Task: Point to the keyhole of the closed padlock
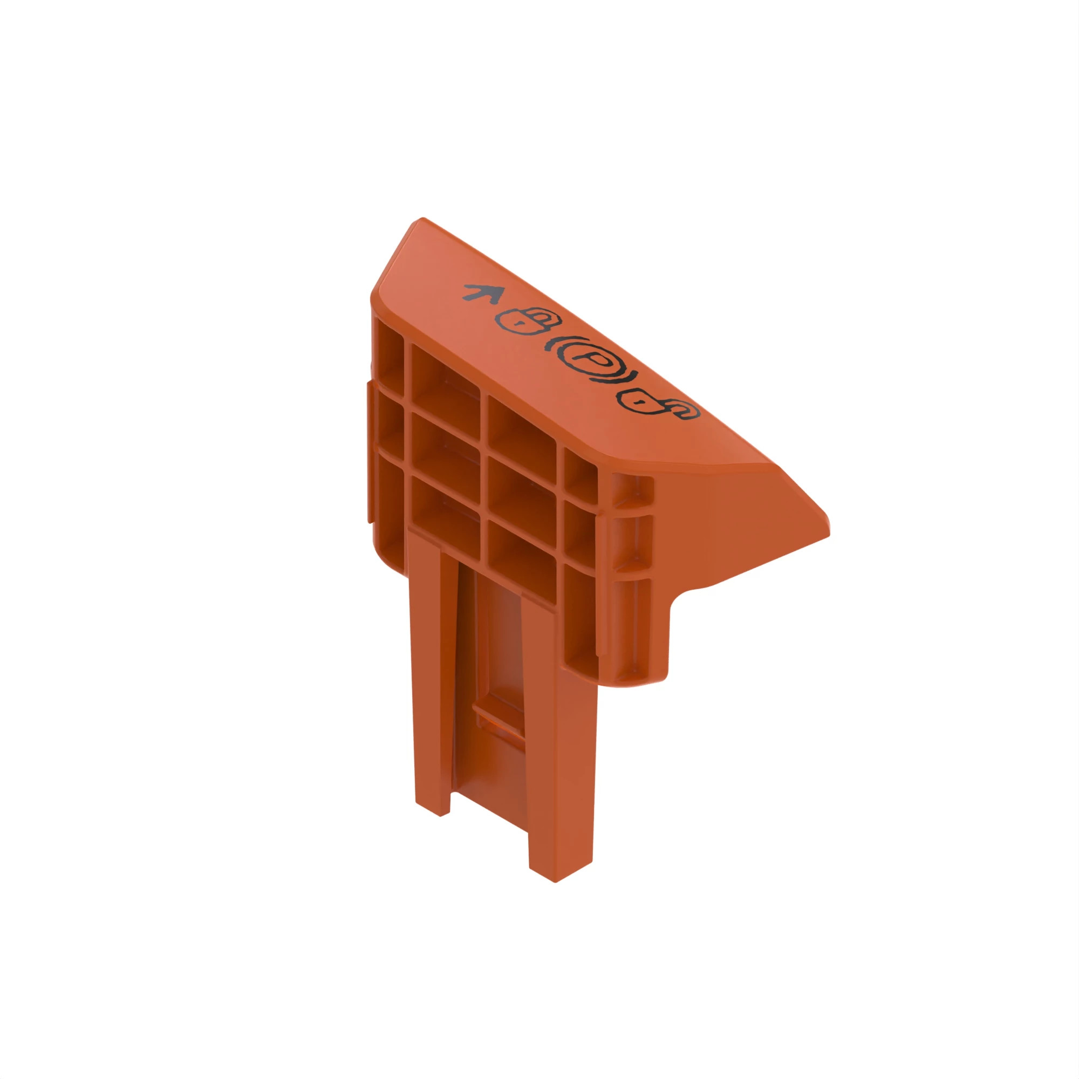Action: pyautogui.click(x=520, y=323)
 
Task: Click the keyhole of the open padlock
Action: pyautogui.click(x=638, y=400)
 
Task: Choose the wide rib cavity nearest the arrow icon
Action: pyautogui.click(x=445, y=380)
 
